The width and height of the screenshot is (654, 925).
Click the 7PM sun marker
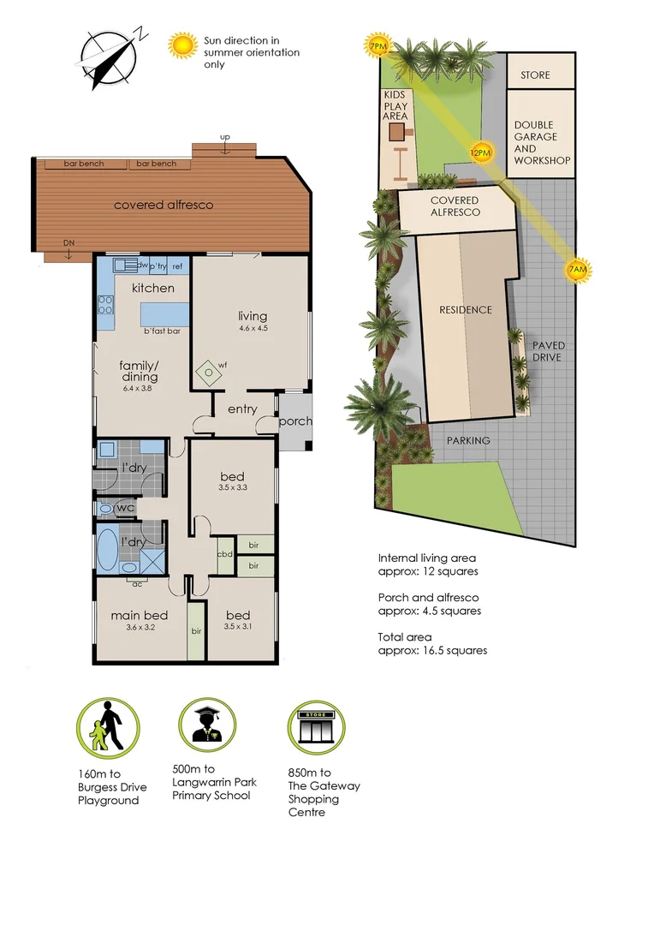click(377, 45)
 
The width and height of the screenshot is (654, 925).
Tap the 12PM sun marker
click(481, 152)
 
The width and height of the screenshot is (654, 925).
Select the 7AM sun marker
click(579, 271)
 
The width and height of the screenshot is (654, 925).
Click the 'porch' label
click(295, 421)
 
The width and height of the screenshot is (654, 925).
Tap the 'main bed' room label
click(139, 615)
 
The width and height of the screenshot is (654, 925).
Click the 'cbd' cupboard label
click(225, 552)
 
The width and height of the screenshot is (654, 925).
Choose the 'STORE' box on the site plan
click(535, 75)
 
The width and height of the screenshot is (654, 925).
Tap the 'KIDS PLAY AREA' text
click(395, 105)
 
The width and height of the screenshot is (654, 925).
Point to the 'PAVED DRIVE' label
click(548, 351)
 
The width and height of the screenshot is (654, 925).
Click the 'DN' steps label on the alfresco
click(69, 243)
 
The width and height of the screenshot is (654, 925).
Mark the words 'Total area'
click(404, 637)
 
